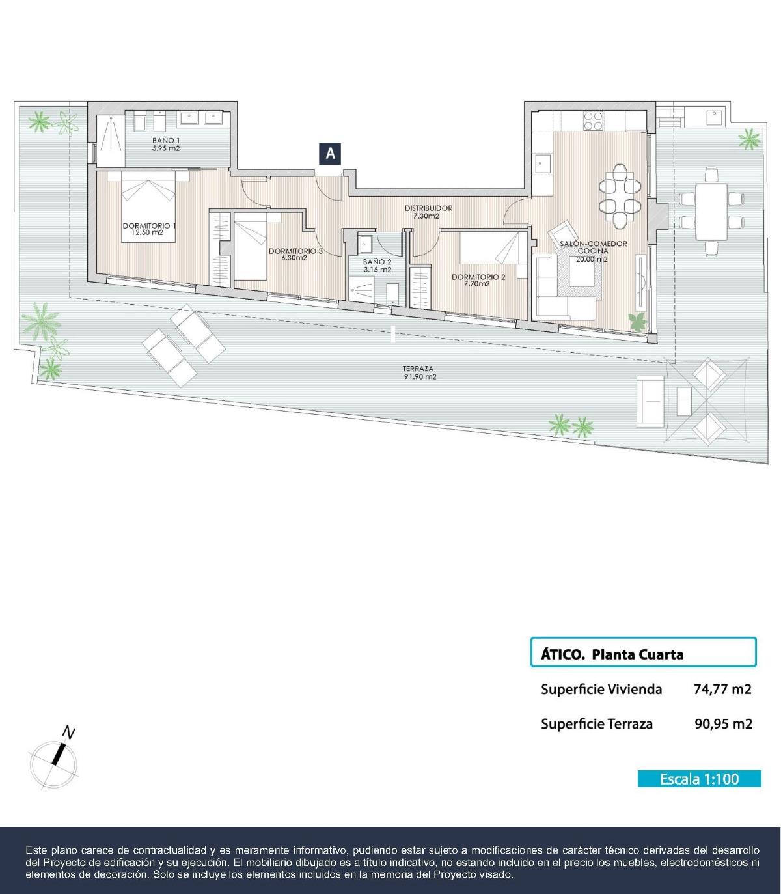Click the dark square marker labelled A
tap(331, 154)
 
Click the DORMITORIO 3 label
tap(295, 251)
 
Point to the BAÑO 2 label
tap(377, 262)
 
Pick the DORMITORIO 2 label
tap(478, 277)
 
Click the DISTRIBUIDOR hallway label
tap(428, 208)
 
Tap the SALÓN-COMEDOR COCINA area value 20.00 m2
tap(592, 258)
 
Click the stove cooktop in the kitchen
tap(593, 121)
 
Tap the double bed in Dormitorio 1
tap(148, 203)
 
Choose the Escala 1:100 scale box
tap(699, 779)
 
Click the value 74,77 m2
tap(722, 689)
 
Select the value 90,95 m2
tap(723, 723)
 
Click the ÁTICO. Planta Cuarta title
tap(612, 654)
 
